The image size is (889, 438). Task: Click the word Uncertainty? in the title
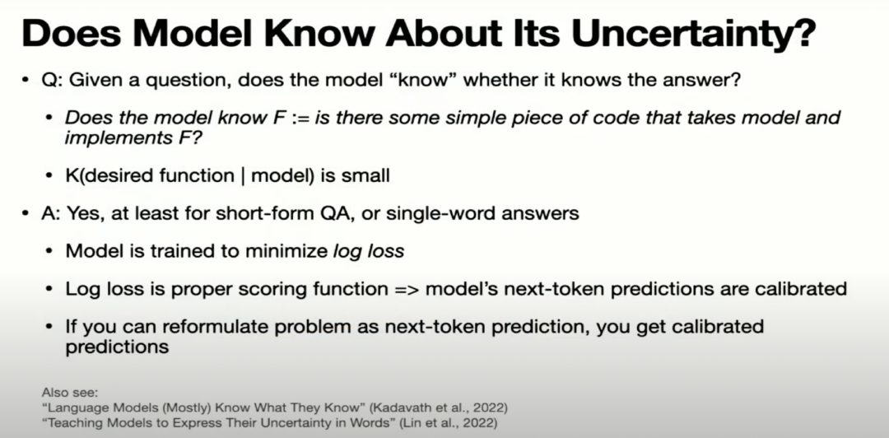pos(693,34)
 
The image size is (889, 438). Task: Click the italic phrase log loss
pos(369,251)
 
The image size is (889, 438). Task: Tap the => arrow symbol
pos(407,289)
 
